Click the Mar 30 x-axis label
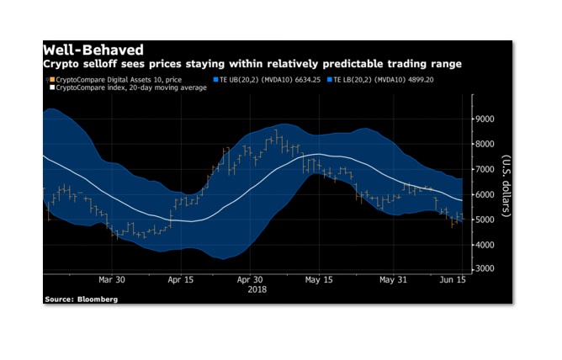coord(112,279)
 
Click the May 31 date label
coord(394,279)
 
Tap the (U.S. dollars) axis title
coord(506,186)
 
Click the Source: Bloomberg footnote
coord(81,299)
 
